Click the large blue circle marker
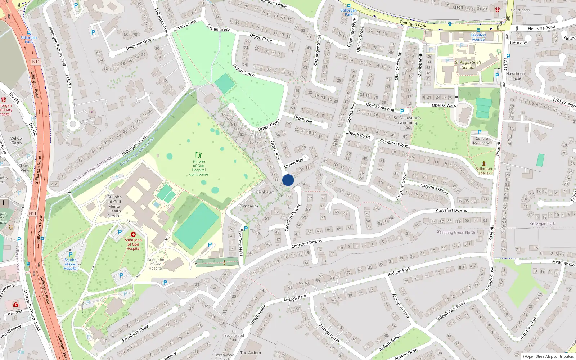pos(288,180)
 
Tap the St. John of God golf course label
pos(199,168)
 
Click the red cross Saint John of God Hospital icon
pos(133,234)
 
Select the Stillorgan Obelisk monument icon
pos(484,164)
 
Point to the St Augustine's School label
pos(468,65)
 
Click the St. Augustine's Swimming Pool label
pos(407,122)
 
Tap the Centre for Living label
pos(482,141)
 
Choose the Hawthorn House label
pos(515,76)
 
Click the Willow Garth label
pos(16,140)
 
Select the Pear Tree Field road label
pos(240,242)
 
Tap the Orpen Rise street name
pos(275,150)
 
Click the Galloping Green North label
pos(456,233)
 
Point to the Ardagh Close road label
pos(489,279)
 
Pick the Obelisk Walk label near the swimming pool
pos(444,105)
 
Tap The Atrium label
pos(250,353)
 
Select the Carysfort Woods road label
pos(395,143)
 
